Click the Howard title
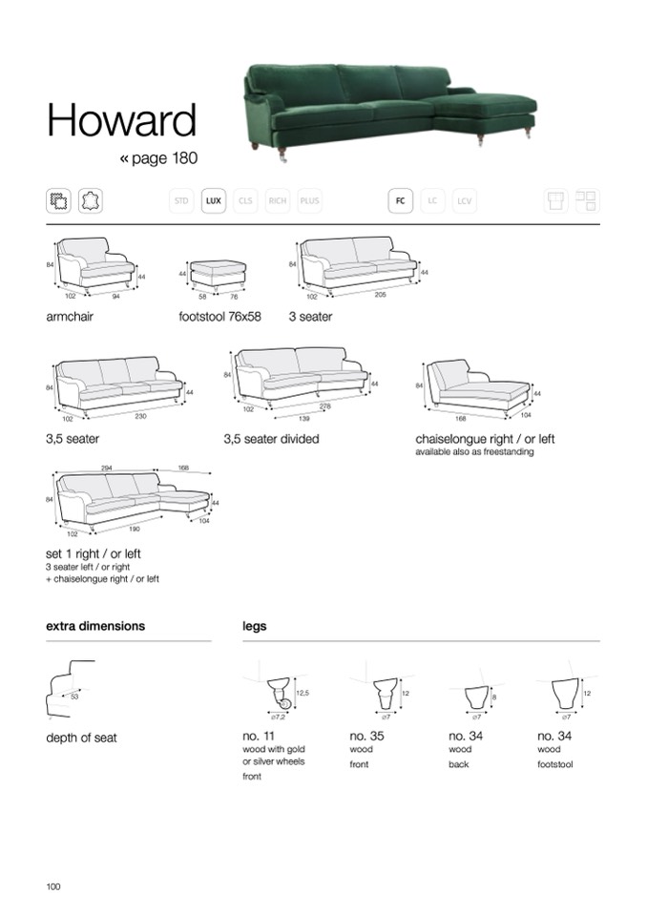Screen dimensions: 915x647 pyautogui.click(x=121, y=121)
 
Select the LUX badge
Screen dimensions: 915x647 pyautogui.click(x=214, y=201)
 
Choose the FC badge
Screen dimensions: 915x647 pyautogui.click(x=401, y=201)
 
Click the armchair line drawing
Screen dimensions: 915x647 pyautogui.click(x=94, y=263)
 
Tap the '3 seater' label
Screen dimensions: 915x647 pyautogui.click(x=310, y=317)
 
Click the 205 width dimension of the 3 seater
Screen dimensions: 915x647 pyautogui.click(x=380, y=295)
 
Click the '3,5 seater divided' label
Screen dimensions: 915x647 pyautogui.click(x=271, y=440)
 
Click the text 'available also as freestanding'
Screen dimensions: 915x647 pyautogui.click(x=474, y=452)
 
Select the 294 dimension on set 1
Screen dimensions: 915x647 pyautogui.click(x=107, y=468)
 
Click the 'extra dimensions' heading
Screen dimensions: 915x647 pyautogui.click(x=95, y=627)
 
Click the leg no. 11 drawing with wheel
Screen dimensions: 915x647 pyautogui.click(x=279, y=693)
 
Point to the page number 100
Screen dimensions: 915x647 pyautogui.click(x=53, y=887)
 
